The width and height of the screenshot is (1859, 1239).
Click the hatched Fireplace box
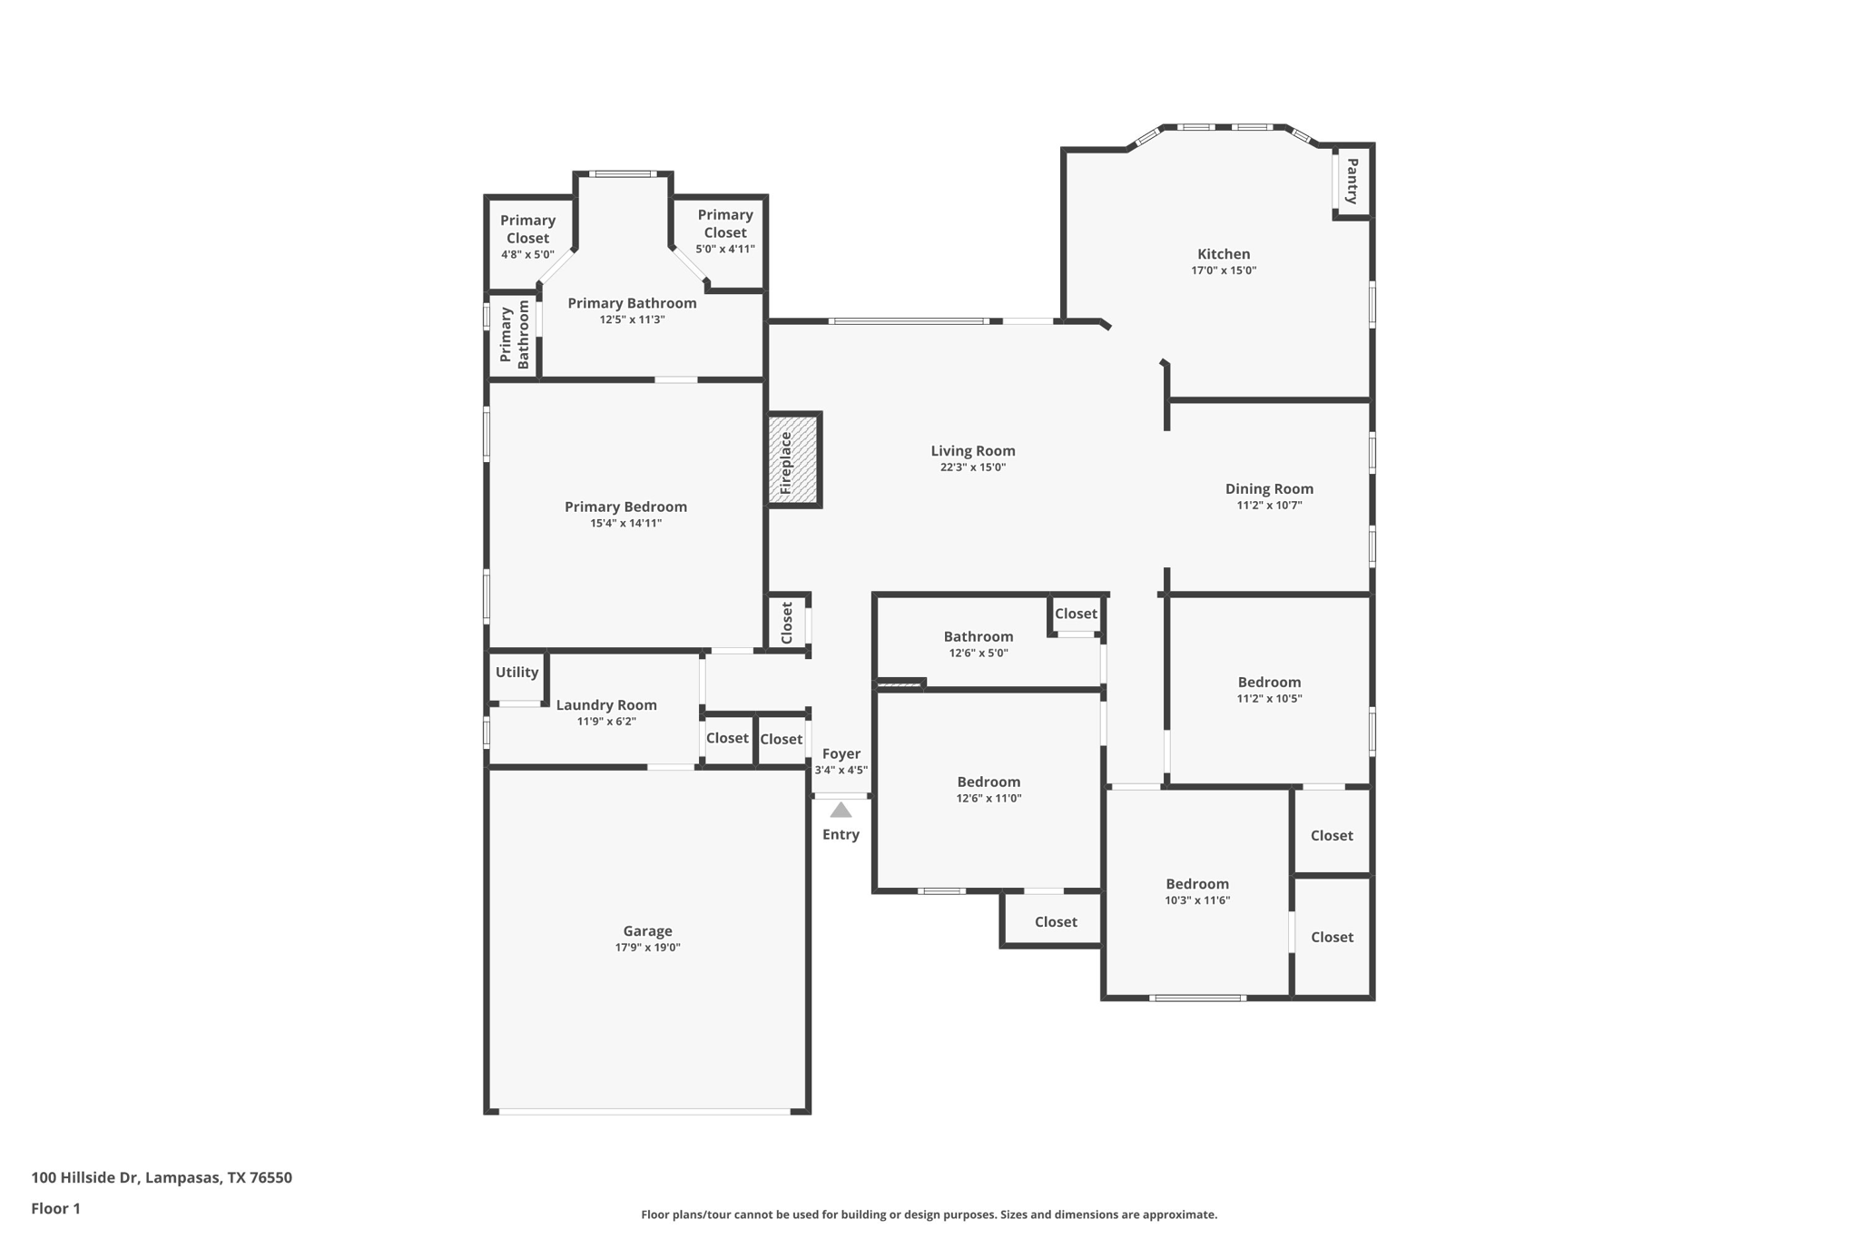click(x=793, y=460)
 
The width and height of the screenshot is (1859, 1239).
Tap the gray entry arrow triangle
click(x=841, y=810)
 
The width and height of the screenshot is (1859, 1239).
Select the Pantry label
click(x=1352, y=182)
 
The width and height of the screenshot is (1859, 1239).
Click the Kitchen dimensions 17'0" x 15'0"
click(x=1223, y=270)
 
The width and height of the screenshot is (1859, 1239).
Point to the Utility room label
click(x=516, y=673)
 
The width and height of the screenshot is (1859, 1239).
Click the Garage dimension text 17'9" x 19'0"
click(x=647, y=948)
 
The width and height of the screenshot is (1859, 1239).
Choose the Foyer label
click(x=841, y=753)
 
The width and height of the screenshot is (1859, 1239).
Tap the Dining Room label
click(x=1269, y=488)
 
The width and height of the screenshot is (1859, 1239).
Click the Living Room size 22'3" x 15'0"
click(x=972, y=467)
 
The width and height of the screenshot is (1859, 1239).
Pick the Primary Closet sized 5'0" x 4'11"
click(x=724, y=231)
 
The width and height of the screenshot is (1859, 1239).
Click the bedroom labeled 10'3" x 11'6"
click(x=1196, y=884)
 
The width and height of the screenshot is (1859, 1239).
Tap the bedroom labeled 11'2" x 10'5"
click(x=1269, y=683)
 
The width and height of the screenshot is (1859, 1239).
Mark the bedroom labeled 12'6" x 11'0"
click(x=989, y=782)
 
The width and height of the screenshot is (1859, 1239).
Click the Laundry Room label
click(x=605, y=705)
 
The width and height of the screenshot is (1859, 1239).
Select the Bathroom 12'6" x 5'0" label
click(x=978, y=637)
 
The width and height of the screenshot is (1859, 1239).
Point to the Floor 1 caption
click(x=55, y=1208)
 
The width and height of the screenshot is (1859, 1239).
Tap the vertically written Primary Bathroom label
click(x=514, y=335)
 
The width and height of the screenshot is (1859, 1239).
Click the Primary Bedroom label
click(x=625, y=507)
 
